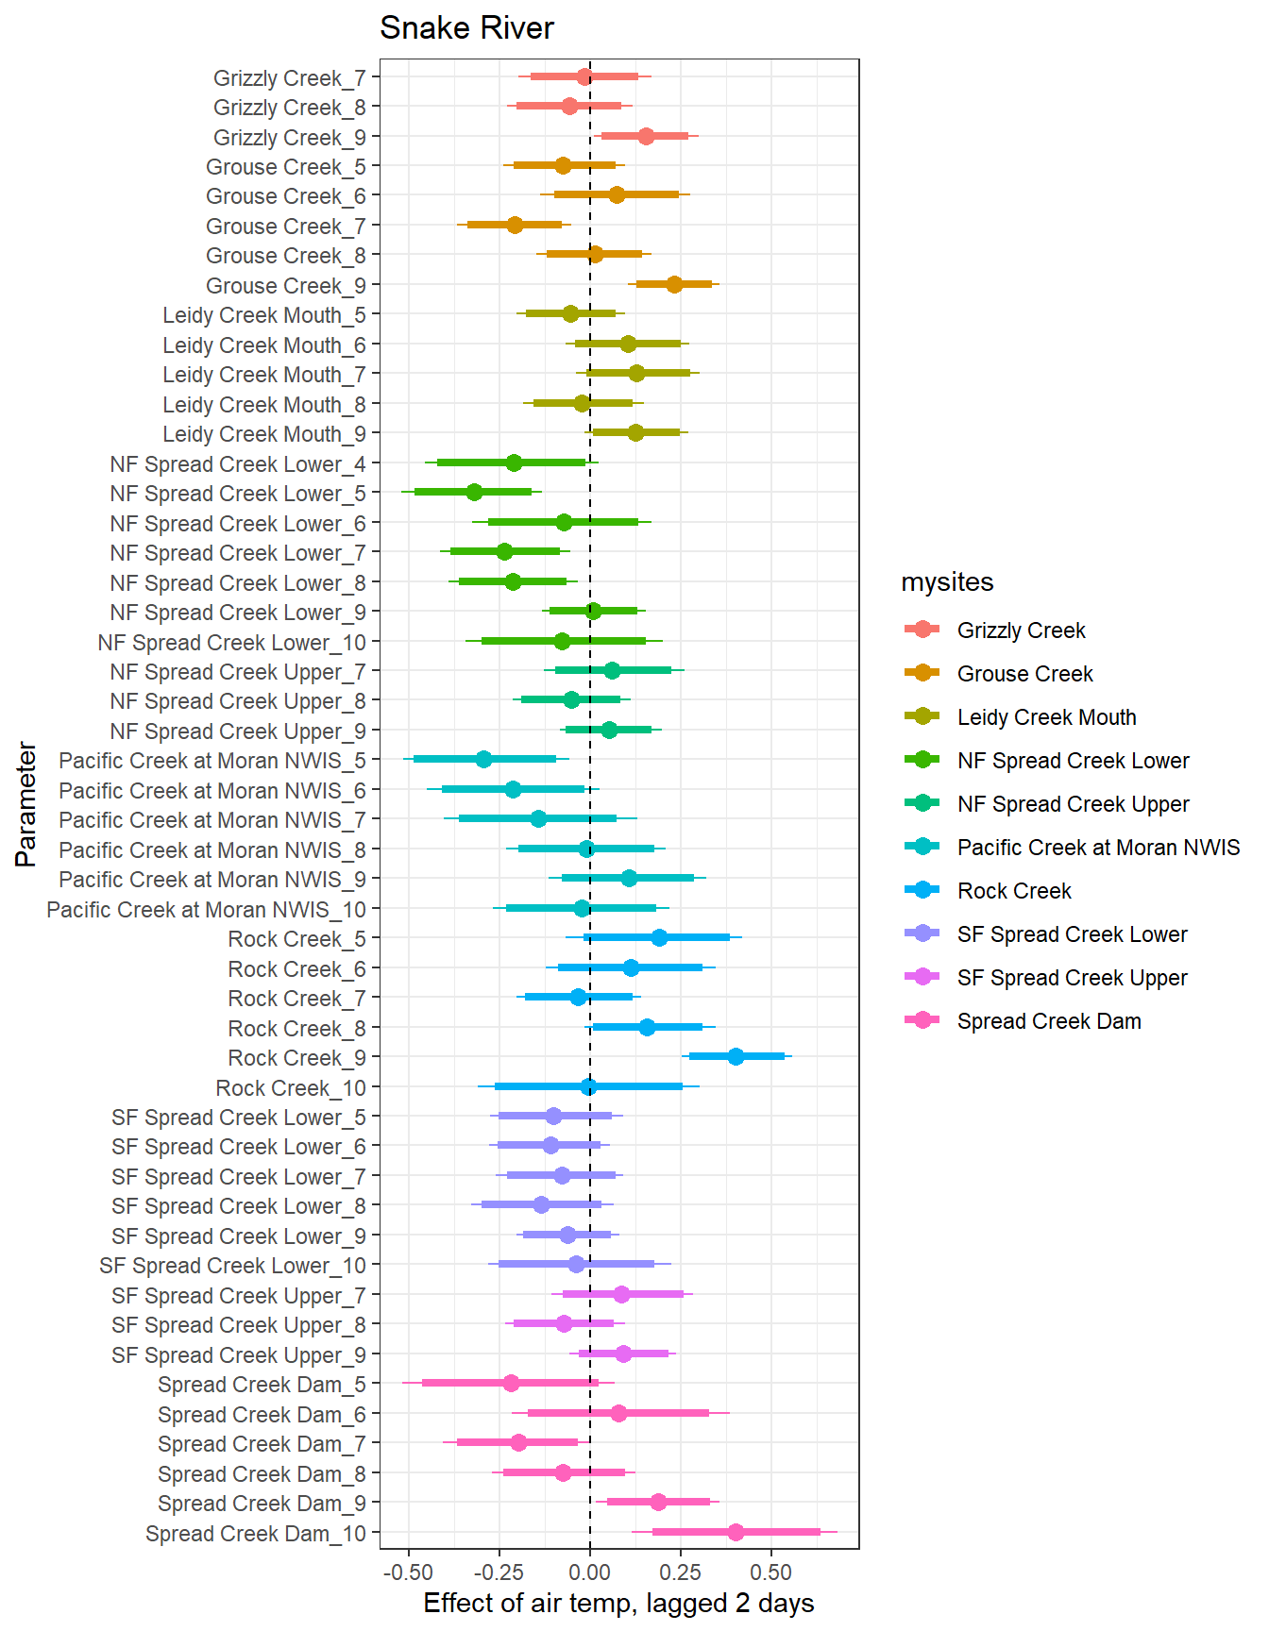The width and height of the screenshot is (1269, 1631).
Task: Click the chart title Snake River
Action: [466, 28]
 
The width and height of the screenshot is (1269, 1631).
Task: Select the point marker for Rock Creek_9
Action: [736, 1056]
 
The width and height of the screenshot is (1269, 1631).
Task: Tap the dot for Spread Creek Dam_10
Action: [736, 1532]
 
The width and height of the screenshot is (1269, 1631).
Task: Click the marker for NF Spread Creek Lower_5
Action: [474, 492]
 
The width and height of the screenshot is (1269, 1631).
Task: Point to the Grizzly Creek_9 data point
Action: [646, 136]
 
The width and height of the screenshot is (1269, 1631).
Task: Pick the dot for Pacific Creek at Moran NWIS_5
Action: [483, 759]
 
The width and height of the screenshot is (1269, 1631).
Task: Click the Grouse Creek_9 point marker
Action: [674, 284]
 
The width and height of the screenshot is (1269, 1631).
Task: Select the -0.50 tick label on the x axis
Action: [408, 1572]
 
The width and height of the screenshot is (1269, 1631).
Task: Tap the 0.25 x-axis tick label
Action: [681, 1572]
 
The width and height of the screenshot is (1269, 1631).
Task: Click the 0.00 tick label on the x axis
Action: [590, 1572]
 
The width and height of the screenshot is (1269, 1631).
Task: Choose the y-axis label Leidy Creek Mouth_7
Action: [264, 375]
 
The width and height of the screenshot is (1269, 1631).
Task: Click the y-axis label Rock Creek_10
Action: [291, 1088]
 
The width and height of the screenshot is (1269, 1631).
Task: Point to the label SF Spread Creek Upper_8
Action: [239, 1325]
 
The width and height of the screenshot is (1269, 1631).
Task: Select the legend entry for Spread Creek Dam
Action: [1049, 1021]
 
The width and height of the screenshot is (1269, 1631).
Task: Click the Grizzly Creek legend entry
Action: [1021, 631]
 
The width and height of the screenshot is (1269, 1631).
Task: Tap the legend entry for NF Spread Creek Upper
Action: [1073, 804]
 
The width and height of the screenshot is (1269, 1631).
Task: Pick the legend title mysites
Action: [947, 582]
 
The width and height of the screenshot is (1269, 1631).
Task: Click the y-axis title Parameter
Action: [26, 804]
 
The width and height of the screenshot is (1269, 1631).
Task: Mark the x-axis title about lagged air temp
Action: [618, 1604]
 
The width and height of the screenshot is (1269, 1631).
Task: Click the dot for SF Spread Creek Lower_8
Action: [541, 1204]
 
